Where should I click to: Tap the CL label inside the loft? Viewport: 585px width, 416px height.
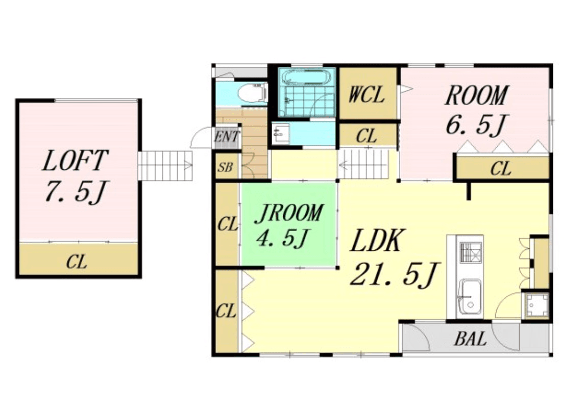point(77,262)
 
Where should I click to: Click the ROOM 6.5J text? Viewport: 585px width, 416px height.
point(476,110)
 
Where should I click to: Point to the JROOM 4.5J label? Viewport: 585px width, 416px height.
point(288,225)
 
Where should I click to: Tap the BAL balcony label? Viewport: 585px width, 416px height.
point(471,339)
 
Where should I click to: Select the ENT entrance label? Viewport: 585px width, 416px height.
point(227,137)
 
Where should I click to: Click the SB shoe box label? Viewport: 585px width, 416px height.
point(225,167)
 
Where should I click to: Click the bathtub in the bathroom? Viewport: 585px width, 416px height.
point(306,77)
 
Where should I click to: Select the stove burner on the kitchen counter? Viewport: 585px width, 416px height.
point(471,252)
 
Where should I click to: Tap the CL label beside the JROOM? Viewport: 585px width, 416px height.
point(227,224)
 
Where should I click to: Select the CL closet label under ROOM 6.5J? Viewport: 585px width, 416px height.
point(500,169)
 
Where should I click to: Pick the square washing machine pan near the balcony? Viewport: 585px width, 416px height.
point(537,305)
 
